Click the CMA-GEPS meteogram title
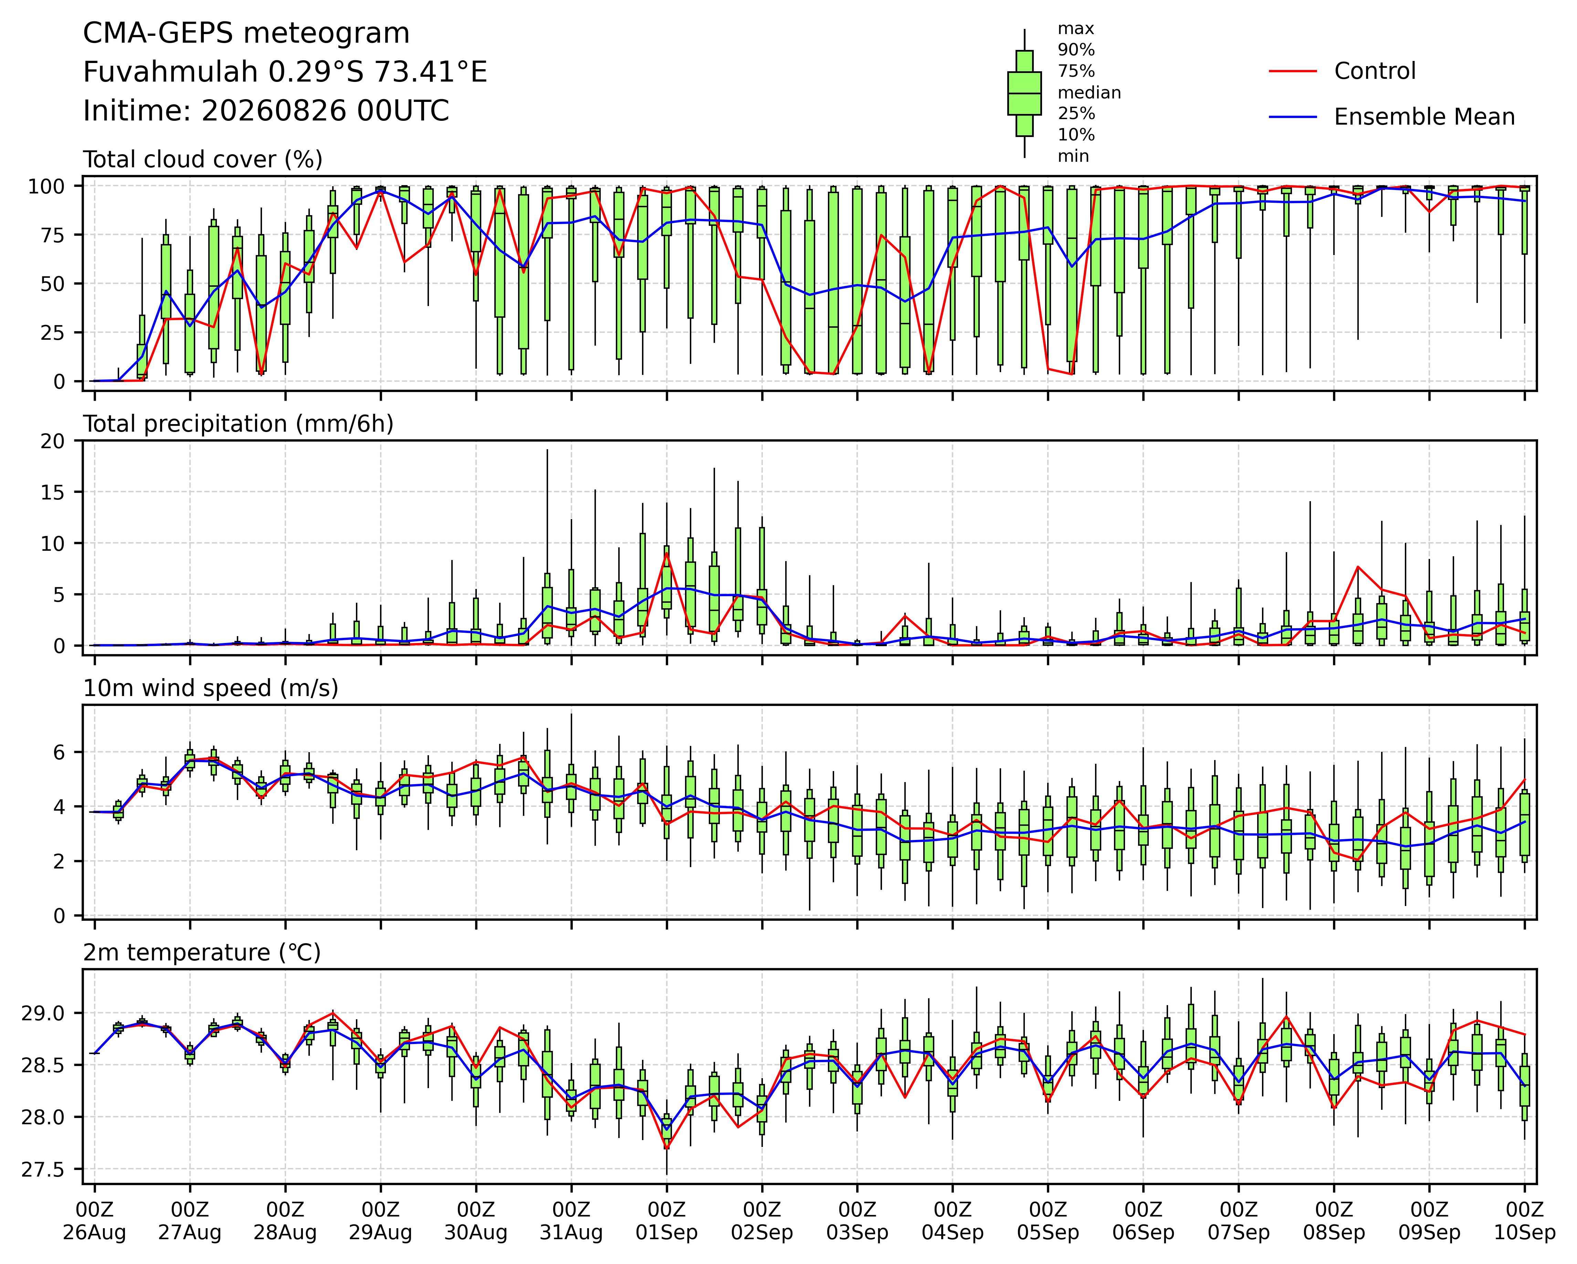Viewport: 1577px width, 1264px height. click(246, 34)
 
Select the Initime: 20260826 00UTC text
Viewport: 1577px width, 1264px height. click(266, 111)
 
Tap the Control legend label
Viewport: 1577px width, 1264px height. click(1374, 71)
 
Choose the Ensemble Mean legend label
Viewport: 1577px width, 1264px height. click(1424, 117)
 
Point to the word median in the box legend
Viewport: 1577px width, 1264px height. click(1089, 93)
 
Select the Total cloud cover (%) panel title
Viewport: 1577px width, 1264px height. click(203, 159)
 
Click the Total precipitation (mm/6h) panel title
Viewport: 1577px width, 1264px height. click(239, 424)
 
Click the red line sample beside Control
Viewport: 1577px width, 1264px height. click(1292, 71)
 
